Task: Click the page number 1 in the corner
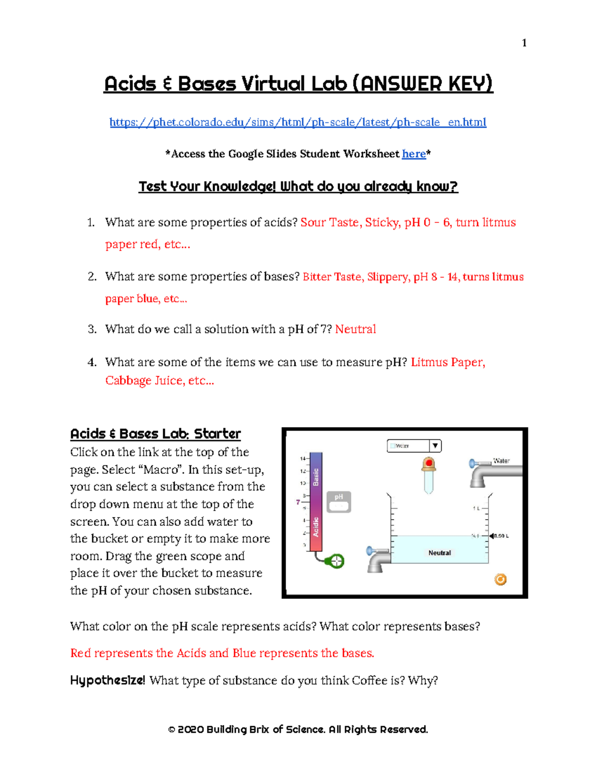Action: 524,43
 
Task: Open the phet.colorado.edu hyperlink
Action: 298,122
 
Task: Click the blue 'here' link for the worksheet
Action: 413,154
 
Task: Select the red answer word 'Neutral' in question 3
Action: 355,330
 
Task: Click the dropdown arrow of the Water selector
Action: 435,446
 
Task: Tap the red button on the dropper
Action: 429,463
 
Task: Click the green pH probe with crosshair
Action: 337,561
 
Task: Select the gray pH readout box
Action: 339,502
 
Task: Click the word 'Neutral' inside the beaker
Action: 439,553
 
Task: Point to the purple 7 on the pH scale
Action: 298,502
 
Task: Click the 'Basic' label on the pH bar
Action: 315,476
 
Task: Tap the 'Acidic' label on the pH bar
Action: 315,527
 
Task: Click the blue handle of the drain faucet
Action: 370,551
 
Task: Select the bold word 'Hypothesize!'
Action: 107,681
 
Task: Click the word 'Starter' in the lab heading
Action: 217,434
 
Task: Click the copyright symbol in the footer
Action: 172,730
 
